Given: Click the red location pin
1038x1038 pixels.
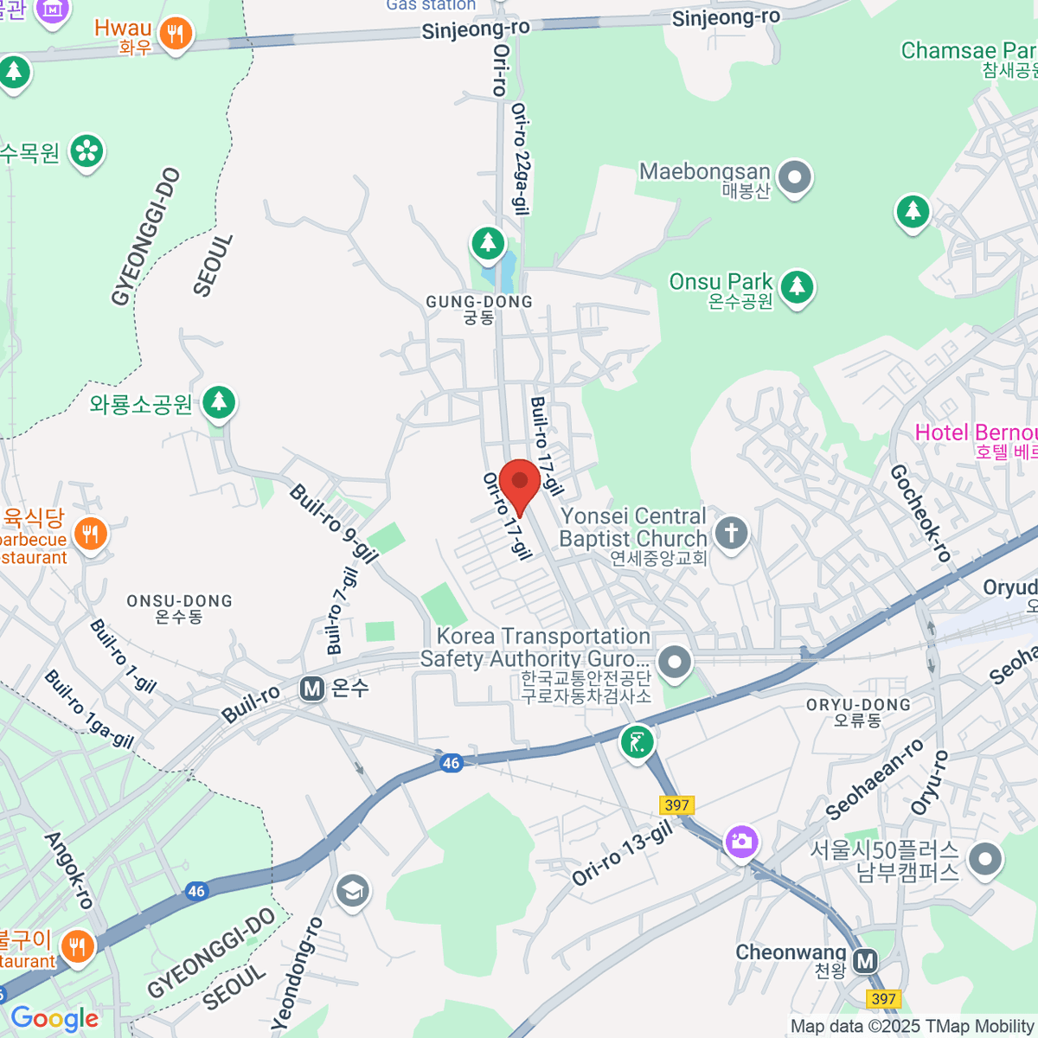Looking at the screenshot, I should tap(520, 483).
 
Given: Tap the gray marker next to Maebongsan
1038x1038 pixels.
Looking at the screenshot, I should tap(794, 178).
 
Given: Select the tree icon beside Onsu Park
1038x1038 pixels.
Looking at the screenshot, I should tap(797, 286).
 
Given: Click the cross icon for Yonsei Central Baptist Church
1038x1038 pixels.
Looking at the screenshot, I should tap(732, 532).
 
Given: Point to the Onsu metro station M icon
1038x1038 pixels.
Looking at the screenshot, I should tap(312, 689).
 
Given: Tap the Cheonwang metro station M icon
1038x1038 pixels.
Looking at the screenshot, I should tap(865, 960).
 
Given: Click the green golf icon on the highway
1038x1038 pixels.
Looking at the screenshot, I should tap(638, 742).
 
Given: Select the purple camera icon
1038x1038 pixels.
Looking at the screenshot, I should tap(741, 841).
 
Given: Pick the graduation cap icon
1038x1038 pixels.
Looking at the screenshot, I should tap(352, 890).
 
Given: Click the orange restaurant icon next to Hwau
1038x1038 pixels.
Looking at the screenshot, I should tap(176, 34).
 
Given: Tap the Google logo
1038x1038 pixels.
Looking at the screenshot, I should tap(54, 1019).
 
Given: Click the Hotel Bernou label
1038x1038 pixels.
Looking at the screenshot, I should tap(976, 433).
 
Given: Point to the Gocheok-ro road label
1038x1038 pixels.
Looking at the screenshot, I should tap(919, 512).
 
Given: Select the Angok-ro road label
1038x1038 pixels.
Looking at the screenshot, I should tap(68, 869).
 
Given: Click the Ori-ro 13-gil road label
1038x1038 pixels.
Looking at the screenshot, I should tap(621, 854).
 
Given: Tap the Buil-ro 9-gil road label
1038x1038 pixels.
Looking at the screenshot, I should tap(333, 523).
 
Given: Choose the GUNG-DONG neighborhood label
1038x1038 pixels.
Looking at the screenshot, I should tap(479, 302).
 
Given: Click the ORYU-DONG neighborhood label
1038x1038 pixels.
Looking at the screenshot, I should tap(858, 705).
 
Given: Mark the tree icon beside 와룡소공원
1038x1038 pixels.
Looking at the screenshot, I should tap(219, 402).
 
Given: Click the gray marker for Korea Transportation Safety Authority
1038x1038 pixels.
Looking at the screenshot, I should tap(675, 663).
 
